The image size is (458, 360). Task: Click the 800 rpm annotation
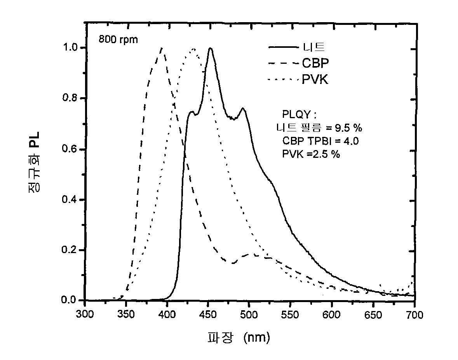118,40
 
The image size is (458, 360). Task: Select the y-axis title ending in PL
34,163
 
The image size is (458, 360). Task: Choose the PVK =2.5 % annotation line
311,154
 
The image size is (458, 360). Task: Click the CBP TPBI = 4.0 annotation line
320,141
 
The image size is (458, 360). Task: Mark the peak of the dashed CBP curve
162,48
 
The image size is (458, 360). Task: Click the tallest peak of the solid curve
210,49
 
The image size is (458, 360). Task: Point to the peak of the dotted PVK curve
193,49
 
